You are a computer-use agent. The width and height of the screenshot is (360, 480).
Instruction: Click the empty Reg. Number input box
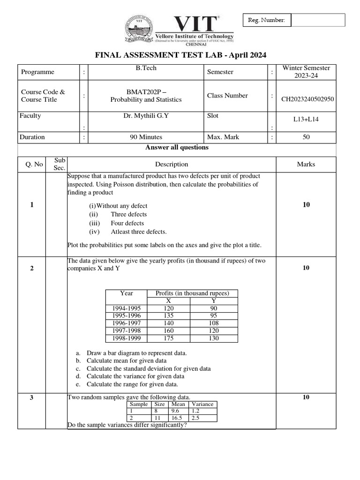[x=318, y=20]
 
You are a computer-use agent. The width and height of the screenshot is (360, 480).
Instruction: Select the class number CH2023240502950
[x=307, y=99]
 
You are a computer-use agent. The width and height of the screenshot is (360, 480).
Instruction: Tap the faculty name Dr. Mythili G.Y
[x=146, y=115]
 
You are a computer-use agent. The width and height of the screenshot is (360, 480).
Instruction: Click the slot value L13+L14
[x=306, y=120]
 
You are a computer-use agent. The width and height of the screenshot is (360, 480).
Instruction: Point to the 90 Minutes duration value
[x=146, y=137]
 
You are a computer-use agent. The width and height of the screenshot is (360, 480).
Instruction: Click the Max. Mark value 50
[x=306, y=137]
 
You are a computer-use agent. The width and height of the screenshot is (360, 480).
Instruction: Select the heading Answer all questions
[x=177, y=147]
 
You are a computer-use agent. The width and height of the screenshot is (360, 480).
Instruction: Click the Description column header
[x=172, y=164]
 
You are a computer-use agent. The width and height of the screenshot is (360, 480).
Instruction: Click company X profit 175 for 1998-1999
[x=169, y=338]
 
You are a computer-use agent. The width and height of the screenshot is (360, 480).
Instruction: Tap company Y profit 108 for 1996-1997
[x=214, y=323]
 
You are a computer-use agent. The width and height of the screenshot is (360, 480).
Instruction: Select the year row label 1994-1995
[x=127, y=308]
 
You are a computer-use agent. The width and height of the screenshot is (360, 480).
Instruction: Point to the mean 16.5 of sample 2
[x=178, y=417]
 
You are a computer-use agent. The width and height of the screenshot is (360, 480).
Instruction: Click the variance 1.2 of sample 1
[x=195, y=411]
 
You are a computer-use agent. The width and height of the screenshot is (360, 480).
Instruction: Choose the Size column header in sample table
[x=160, y=404]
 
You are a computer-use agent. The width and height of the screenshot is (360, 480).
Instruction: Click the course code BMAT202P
[x=146, y=91]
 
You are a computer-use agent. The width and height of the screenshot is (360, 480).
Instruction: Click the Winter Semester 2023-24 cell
[x=306, y=72]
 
